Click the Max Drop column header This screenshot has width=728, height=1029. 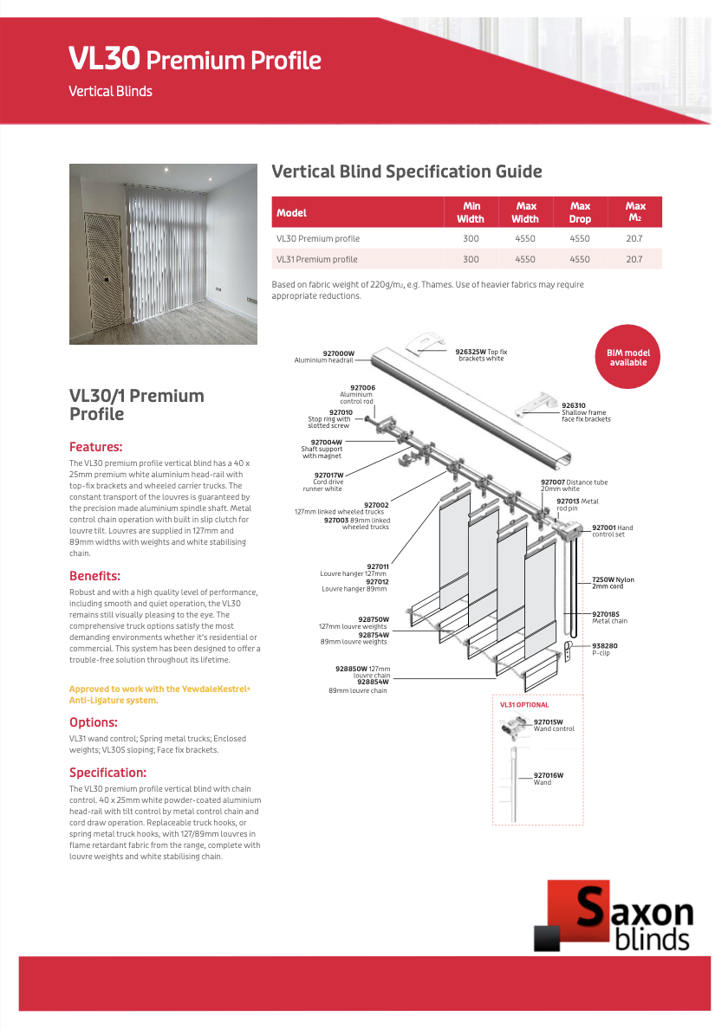tap(580, 212)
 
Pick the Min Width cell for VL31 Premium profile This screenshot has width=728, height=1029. tap(471, 259)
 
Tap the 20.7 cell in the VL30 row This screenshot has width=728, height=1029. tap(634, 238)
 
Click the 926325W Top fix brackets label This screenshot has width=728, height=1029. tap(481, 355)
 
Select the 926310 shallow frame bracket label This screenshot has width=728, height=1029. tap(586, 412)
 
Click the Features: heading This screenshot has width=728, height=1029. tap(95, 447)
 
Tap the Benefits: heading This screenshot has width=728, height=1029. tap(94, 576)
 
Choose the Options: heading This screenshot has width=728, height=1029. tap(93, 722)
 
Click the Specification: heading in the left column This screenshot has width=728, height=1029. tap(107, 773)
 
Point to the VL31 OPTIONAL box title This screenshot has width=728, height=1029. tap(524, 705)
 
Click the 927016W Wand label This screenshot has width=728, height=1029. tap(548, 779)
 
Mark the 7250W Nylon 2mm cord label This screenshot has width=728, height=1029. tap(613, 582)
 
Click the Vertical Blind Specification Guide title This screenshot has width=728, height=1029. tap(406, 171)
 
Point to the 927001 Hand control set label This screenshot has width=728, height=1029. tap(612, 530)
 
